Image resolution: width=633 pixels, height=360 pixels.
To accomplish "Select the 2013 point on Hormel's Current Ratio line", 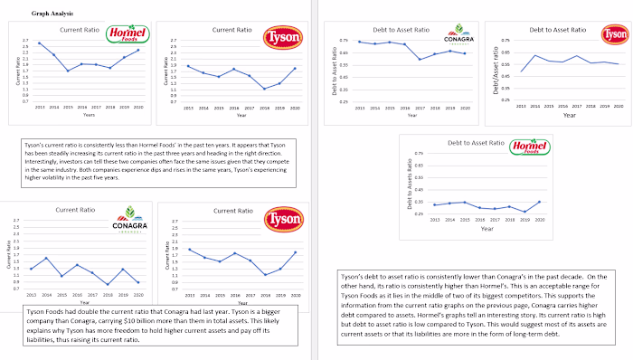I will [39, 43].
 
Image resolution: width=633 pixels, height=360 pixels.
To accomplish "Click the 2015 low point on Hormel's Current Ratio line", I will [68, 71].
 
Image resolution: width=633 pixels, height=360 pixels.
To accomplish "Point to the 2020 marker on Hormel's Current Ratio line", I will [138, 50].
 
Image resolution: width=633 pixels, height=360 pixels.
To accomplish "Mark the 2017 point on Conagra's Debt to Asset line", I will [420, 59].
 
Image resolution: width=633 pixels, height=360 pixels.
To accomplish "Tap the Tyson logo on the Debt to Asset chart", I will [617, 35].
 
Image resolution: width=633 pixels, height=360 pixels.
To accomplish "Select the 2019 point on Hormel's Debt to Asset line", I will [524, 212].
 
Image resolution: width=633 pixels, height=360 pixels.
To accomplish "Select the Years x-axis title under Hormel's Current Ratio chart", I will [89, 115].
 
